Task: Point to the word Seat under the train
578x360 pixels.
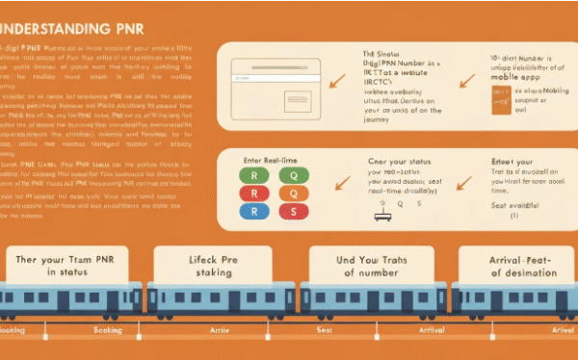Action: point(324,330)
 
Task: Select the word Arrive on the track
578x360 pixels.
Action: point(218,330)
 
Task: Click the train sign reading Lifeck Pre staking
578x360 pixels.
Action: point(217,266)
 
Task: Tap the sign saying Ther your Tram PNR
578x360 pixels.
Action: point(66,266)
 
